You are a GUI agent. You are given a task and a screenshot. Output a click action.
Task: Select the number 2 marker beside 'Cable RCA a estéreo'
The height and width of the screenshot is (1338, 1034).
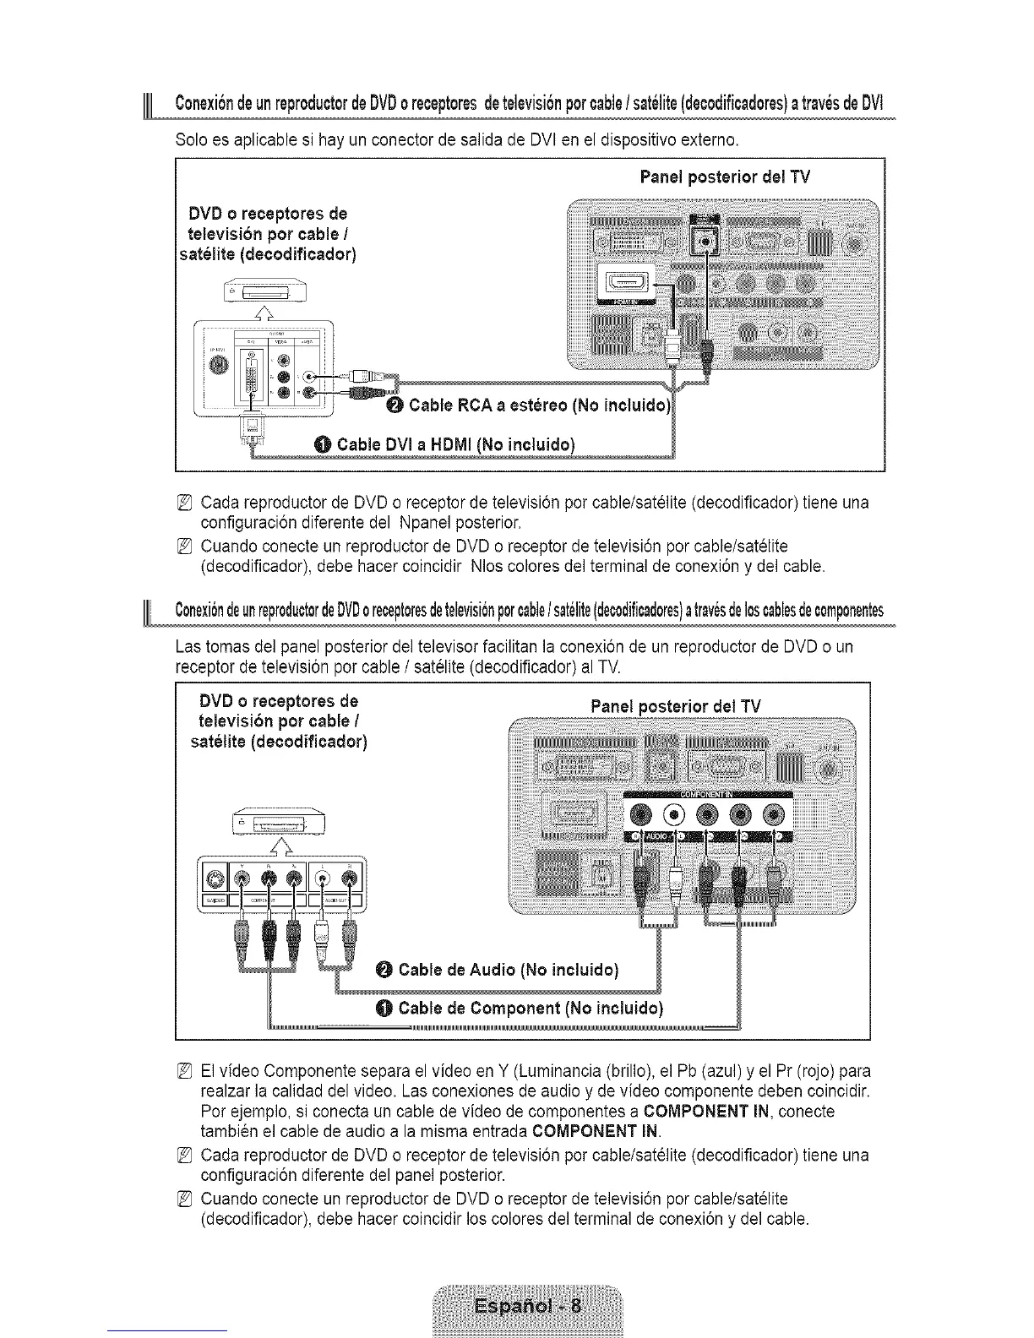[x=393, y=406]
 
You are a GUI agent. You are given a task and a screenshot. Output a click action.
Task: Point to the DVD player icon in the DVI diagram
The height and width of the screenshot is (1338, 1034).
[x=264, y=293]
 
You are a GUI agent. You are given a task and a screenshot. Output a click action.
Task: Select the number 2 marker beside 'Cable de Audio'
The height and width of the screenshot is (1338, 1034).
[x=383, y=969]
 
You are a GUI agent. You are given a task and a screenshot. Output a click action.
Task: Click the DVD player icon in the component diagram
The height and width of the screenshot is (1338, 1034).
[x=278, y=822]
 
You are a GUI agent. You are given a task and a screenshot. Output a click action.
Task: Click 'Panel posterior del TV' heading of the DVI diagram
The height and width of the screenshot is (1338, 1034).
[x=725, y=177]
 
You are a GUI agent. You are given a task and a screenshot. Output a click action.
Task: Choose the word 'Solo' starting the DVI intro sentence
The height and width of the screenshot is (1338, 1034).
[x=190, y=139]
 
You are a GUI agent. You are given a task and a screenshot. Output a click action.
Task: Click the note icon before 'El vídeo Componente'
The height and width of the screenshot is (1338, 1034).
[x=187, y=1072]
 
